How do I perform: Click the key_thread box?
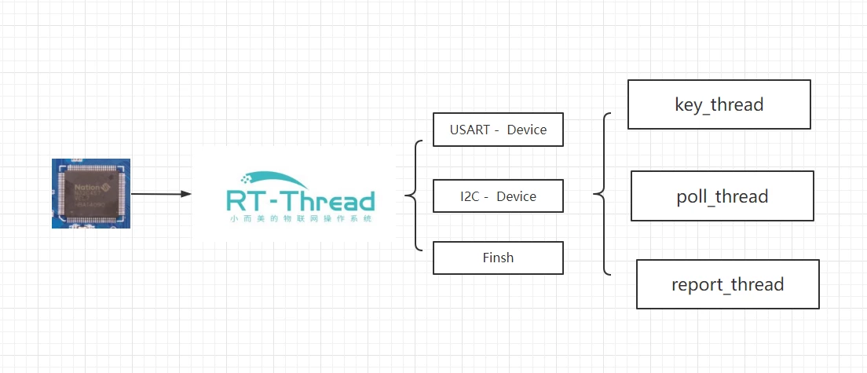coord(719,104)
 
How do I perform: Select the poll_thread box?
coord(722,196)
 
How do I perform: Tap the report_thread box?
coord(727,283)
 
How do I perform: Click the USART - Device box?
coord(498,130)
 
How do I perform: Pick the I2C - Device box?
coord(498,196)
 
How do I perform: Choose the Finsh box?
coord(498,258)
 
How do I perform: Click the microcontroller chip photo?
coord(91,193)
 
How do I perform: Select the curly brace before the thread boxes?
coord(602,194)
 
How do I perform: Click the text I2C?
coord(470,196)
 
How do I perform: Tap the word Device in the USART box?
coord(526,130)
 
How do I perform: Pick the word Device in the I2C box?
coord(517,196)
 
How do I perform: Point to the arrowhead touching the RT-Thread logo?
coord(186,193)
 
